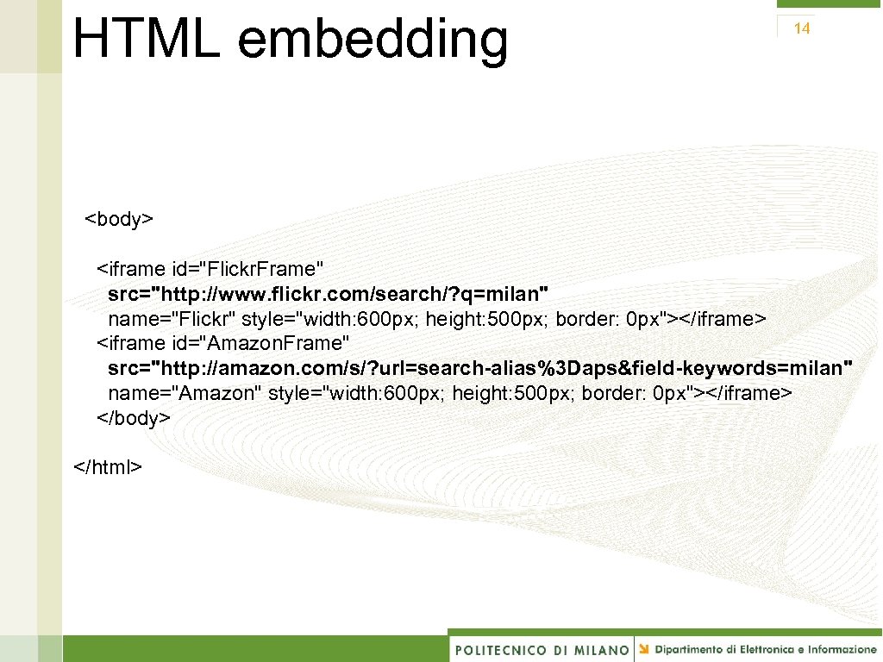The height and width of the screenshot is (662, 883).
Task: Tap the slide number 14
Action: point(802,28)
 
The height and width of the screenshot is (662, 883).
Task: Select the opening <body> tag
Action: point(119,219)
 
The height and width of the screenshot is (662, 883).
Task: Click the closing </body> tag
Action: point(134,418)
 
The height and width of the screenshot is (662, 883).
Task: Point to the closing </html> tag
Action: point(108,467)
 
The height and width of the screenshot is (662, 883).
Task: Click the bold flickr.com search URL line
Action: point(328,294)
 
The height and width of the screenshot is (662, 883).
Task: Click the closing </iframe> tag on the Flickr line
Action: point(723,320)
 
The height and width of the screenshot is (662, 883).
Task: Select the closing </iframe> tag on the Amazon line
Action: point(749,394)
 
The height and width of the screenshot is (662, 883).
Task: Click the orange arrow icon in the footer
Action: point(644,648)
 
